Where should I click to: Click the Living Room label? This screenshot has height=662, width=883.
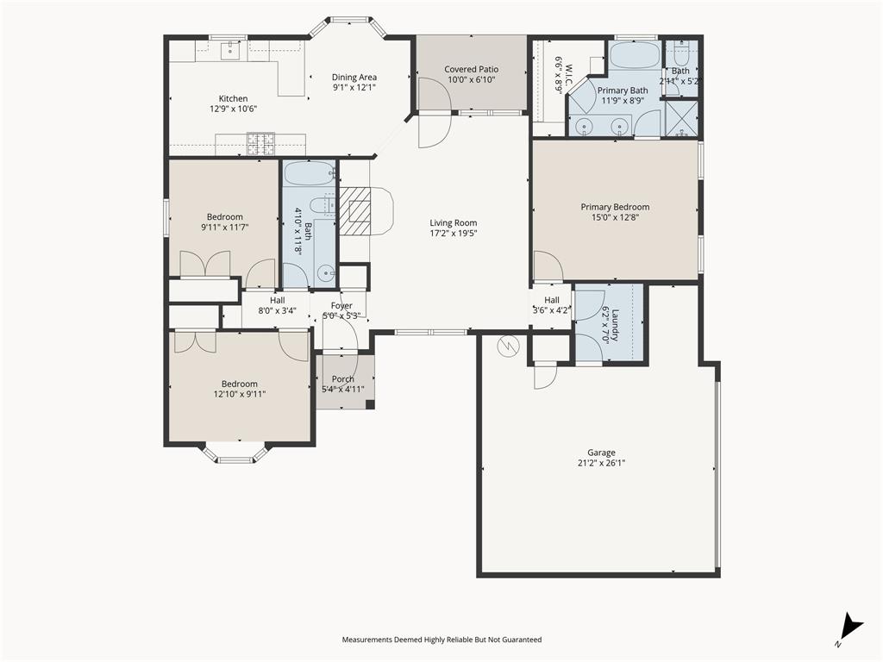[x=454, y=222]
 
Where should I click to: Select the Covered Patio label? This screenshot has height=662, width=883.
[x=471, y=69]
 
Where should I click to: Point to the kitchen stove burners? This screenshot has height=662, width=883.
[x=261, y=143]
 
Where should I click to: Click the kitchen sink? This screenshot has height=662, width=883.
[x=229, y=49]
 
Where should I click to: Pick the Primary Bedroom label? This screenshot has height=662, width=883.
[x=615, y=207]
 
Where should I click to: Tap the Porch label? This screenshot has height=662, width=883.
[x=343, y=379]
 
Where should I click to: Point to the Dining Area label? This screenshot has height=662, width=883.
[x=354, y=77]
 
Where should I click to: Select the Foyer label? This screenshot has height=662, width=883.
[x=342, y=305]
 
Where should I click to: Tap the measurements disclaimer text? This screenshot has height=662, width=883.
[x=441, y=640]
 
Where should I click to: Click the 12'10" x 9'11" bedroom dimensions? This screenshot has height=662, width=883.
[x=239, y=394]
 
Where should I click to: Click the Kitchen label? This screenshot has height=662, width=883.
[x=233, y=98]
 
